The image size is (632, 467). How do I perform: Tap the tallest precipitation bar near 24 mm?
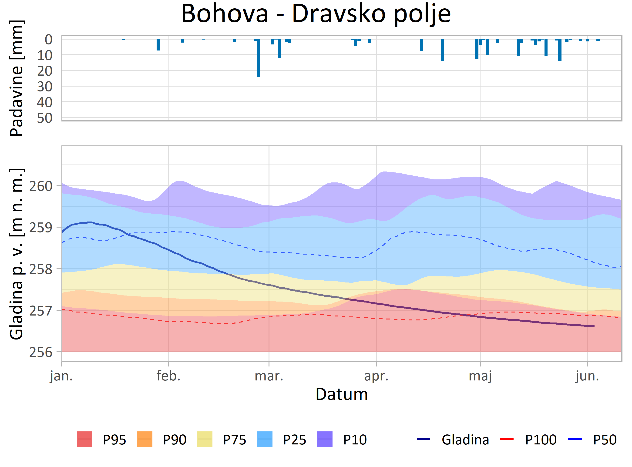[259, 58]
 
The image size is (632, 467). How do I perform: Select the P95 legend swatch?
[84, 439]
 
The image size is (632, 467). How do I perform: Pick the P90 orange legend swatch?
[145, 439]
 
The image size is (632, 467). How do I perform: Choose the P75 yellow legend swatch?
[205, 439]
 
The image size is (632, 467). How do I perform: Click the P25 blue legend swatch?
[265, 439]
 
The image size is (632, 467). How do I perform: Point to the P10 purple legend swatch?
[325, 439]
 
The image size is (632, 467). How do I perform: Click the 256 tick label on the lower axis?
[41, 352]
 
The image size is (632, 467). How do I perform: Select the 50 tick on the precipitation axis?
[45, 118]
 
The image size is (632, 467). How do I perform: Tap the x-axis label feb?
[168, 376]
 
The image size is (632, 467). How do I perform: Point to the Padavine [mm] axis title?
[16, 78]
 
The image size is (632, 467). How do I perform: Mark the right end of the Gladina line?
[594, 326]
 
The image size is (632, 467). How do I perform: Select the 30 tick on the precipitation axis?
[45, 87]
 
